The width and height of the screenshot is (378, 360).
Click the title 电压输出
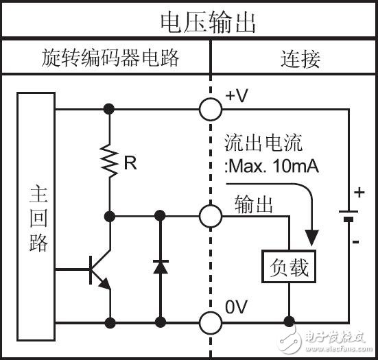click(207, 21)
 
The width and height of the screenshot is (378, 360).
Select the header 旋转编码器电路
click(110, 58)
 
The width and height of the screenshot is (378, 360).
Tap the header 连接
click(300, 58)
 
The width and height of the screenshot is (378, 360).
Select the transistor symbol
click(98, 271)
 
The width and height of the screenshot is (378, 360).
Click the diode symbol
click(160, 266)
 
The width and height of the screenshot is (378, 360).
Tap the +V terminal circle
click(211, 108)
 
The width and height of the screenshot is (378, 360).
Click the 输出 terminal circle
click(211, 216)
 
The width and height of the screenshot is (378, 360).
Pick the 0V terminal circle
click(211, 320)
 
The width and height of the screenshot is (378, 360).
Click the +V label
click(237, 97)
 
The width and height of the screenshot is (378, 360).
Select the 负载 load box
click(289, 267)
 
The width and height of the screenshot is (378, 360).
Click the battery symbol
click(349, 215)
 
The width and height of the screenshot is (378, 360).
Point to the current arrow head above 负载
click(312, 239)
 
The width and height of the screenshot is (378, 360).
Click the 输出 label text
click(254, 204)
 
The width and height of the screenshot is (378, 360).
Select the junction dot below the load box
click(290, 320)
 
